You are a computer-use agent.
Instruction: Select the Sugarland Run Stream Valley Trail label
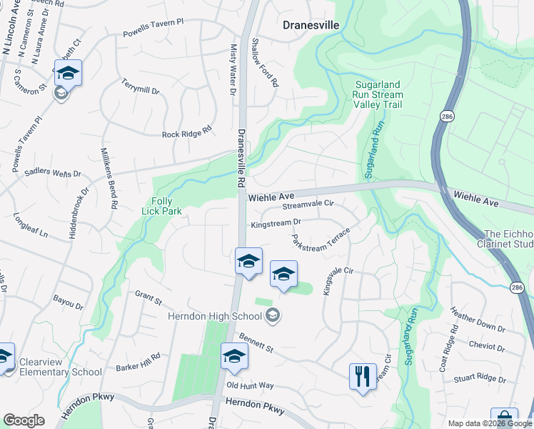[378, 94]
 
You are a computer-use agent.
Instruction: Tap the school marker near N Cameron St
[68, 74]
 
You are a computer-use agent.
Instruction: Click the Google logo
[24, 420]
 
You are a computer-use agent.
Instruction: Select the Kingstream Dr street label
[276, 224]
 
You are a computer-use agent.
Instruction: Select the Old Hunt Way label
[250, 385]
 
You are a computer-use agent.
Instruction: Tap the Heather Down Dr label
[478, 320]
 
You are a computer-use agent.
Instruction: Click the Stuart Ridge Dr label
[480, 378]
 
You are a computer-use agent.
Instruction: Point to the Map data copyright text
[490, 423]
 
